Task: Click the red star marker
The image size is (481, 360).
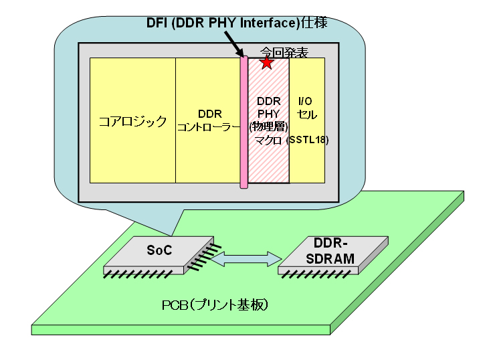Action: click(x=267, y=63)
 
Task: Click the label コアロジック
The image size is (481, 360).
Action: click(x=132, y=121)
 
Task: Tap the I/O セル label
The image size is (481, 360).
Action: click(x=307, y=108)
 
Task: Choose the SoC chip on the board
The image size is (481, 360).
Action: click(x=159, y=254)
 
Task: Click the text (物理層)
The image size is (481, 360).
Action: click(x=268, y=126)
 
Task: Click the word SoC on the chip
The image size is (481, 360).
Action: click(x=159, y=250)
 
